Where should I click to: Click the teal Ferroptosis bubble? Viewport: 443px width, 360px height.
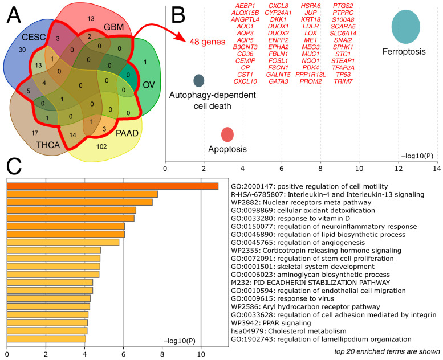pyautogui.click(x=406, y=27)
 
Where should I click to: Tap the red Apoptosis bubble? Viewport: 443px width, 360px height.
pyautogui.click(x=227, y=134)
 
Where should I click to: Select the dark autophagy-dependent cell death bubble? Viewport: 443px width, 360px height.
pyautogui.click(x=198, y=80)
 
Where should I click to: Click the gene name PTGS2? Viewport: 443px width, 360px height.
pyautogui.click(x=343, y=6)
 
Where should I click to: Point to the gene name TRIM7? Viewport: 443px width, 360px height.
pyautogui.click(x=343, y=81)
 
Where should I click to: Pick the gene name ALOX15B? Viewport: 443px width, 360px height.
pyautogui.click(x=245, y=13)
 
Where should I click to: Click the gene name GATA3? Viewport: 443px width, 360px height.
pyautogui.click(x=278, y=81)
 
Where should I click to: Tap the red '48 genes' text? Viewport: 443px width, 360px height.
pyautogui.click(x=208, y=42)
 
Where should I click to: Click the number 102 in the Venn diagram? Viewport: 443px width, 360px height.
pyautogui.click(x=101, y=146)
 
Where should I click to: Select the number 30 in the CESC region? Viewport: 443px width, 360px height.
pyautogui.click(x=22, y=50)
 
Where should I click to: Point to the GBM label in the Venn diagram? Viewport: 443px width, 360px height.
pyautogui.click(x=114, y=27)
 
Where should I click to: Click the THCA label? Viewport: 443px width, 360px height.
pyautogui.click(x=48, y=145)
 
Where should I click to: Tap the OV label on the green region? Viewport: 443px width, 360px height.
pyautogui.click(x=149, y=84)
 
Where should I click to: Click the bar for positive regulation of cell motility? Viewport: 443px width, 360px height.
pyautogui.click(x=112, y=186)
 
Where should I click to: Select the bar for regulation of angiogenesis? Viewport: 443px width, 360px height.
pyautogui.click(x=63, y=242)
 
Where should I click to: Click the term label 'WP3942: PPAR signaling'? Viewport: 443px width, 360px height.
pyautogui.click(x=271, y=323)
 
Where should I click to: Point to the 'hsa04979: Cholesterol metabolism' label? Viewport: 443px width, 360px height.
pyautogui.click(x=288, y=331)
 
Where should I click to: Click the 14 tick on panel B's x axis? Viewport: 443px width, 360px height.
pyautogui.click(x=437, y=169)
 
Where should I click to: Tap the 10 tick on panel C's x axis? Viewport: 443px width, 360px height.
pyautogui.click(x=201, y=354)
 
